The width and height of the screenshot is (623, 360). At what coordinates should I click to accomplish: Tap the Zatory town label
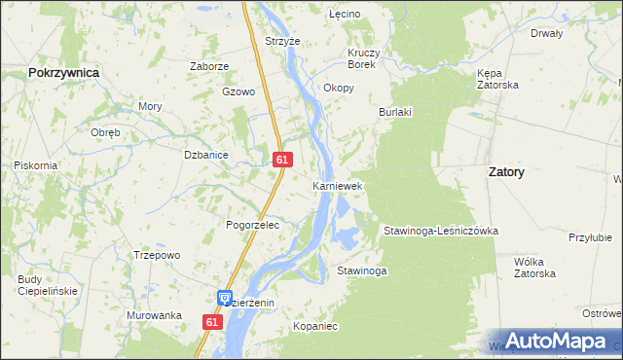tap(505, 171)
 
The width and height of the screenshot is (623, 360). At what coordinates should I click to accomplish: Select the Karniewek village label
tap(337, 185)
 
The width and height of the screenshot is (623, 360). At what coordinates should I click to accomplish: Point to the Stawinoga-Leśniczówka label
tap(440, 231)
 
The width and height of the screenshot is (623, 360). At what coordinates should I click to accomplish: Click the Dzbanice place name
tap(205, 154)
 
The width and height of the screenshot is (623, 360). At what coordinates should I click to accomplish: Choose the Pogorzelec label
tap(252, 225)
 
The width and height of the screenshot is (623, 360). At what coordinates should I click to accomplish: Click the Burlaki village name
tap(395, 112)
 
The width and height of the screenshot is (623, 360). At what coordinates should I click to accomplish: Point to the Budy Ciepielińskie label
tap(48, 285)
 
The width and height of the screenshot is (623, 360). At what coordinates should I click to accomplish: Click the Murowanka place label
tap(154, 315)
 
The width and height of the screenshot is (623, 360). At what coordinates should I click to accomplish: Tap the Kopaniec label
tap(314, 327)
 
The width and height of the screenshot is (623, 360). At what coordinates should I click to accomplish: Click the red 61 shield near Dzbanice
tap(281, 159)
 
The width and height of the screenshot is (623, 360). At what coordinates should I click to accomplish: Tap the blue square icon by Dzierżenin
tap(225, 298)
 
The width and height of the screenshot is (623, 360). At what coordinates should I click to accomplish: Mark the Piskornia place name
tap(35, 165)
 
